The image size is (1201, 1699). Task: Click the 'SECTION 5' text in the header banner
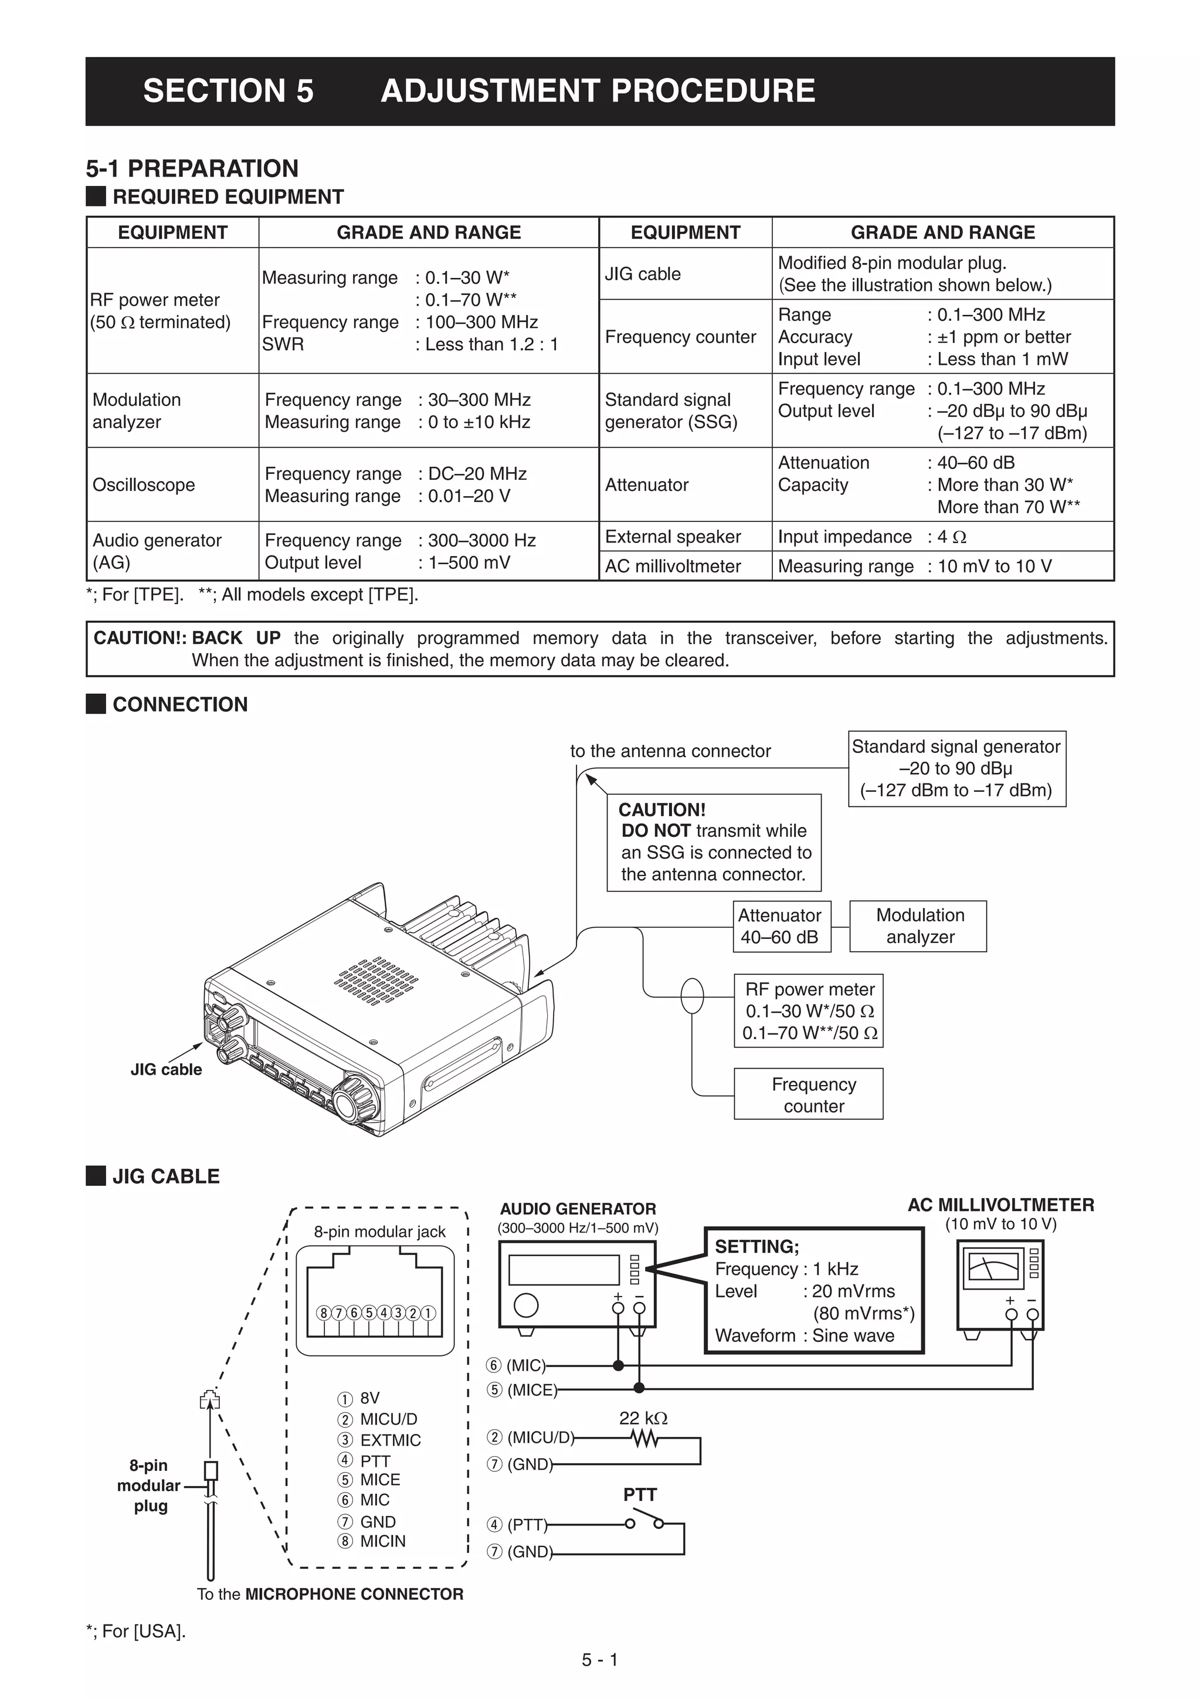click(228, 91)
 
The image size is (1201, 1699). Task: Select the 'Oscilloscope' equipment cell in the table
click(144, 484)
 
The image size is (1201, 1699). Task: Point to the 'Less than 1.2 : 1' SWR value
click(491, 344)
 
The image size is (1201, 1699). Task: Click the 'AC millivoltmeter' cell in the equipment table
click(673, 566)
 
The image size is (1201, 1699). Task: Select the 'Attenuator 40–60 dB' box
click(779, 925)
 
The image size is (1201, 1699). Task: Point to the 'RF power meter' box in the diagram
click(809, 1011)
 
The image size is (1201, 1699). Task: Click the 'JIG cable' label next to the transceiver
click(166, 1069)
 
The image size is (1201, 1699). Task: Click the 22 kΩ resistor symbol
click(644, 1439)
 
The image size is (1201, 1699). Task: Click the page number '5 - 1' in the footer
click(599, 1660)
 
